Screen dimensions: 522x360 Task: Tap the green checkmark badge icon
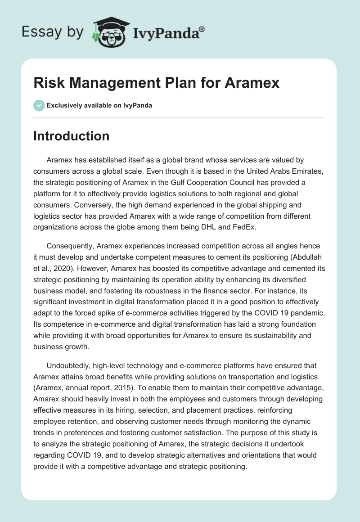[39, 105]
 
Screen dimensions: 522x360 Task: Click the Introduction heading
[71, 136]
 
